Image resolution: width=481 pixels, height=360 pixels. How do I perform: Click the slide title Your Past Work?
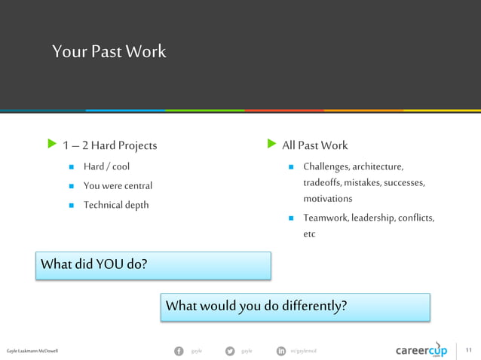tap(109, 52)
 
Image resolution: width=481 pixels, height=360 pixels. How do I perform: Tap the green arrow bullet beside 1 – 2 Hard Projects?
tap(51, 144)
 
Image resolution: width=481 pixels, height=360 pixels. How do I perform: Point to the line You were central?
tap(118, 185)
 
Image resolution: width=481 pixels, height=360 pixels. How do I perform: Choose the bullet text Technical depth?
tap(116, 205)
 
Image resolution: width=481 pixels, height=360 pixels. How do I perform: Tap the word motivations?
tap(327, 199)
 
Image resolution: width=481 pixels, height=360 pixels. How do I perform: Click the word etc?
tap(309, 234)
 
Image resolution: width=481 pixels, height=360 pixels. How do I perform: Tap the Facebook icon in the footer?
tap(179, 351)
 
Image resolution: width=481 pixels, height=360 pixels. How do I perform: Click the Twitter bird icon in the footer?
tap(229, 351)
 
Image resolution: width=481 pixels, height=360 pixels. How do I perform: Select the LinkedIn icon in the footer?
tap(280, 351)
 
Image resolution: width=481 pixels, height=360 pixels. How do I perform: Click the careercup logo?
tap(421, 351)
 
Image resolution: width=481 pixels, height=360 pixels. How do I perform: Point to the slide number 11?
tap(468, 351)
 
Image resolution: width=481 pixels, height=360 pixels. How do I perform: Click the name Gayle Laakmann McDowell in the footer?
tap(32, 351)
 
